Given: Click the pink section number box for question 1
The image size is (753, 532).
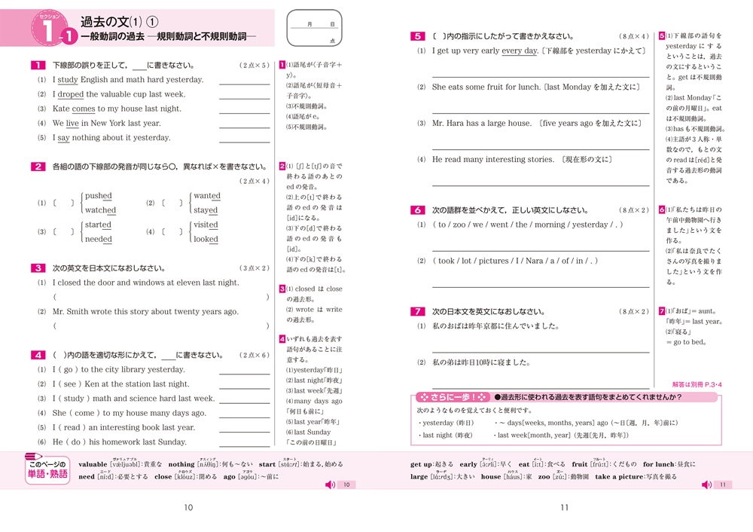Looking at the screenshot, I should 38,66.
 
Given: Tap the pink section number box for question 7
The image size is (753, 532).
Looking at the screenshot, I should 417,310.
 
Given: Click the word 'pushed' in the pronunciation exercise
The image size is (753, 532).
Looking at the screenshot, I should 99,196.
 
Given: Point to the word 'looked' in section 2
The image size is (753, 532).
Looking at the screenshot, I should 206,240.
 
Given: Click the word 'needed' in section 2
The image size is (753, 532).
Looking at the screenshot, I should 99,240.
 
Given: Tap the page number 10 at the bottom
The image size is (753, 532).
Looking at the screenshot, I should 188,507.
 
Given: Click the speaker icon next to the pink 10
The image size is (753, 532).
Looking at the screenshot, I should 329,485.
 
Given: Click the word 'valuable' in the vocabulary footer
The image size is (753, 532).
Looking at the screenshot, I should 93,464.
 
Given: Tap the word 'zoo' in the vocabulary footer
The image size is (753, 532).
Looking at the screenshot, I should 544,477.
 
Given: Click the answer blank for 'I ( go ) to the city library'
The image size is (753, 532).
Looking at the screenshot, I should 244,370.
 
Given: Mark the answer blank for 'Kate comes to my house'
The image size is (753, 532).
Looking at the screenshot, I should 244,109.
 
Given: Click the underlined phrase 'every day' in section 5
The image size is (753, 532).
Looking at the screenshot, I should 520,50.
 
